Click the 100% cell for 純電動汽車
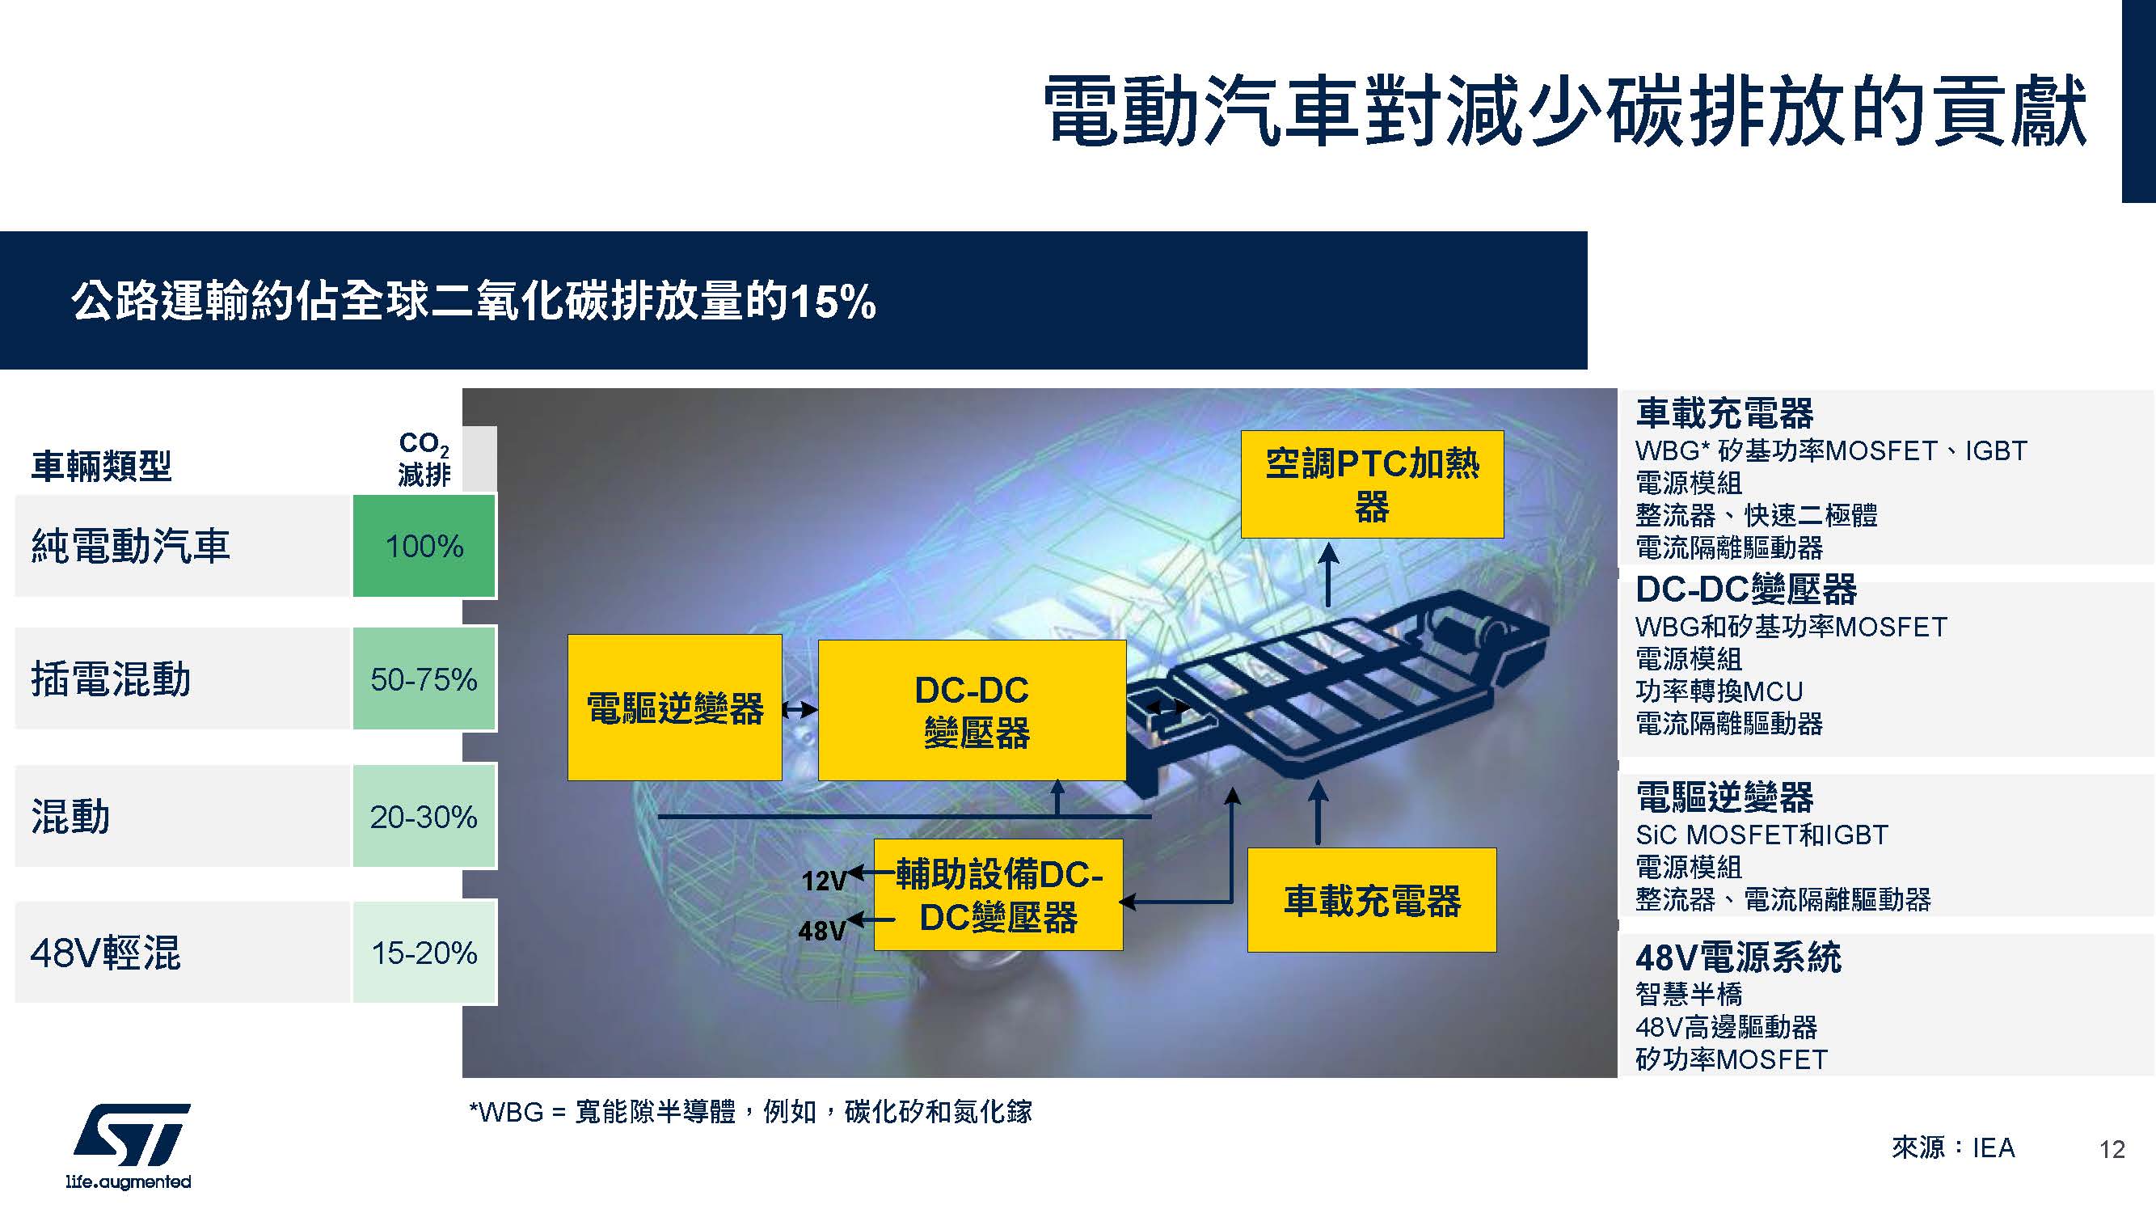click(x=424, y=546)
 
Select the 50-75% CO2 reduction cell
click(x=424, y=679)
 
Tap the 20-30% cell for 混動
click(x=424, y=816)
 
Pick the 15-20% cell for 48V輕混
click(x=424, y=952)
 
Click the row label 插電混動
click(x=112, y=679)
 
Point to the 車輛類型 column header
click(x=101, y=467)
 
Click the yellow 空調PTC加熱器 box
click(x=1372, y=484)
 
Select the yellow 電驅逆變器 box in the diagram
click(x=674, y=708)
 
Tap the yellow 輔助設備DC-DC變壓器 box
click(x=998, y=895)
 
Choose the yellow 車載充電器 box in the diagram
click(x=1372, y=900)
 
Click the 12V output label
click(x=825, y=881)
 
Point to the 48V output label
click(x=822, y=930)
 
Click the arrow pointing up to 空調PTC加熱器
click(x=1329, y=574)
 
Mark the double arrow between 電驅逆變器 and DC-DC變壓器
click(x=800, y=710)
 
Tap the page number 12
click(x=2112, y=1149)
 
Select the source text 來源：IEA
click(x=1952, y=1147)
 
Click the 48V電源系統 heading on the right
click(x=1737, y=957)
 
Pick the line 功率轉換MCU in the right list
click(x=1719, y=691)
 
